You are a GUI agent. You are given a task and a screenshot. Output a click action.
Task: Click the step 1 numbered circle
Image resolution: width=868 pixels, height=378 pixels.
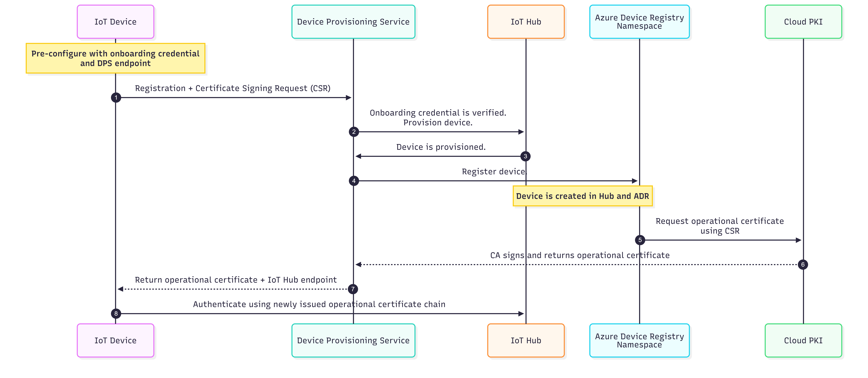click(x=116, y=98)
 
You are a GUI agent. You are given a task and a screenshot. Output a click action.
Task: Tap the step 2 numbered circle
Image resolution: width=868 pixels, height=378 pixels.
click(x=354, y=132)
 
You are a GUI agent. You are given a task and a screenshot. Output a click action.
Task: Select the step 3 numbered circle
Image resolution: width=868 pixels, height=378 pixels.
click(x=525, y=156)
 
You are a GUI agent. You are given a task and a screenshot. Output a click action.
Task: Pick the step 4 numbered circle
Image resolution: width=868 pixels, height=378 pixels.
click(x=354, y=181)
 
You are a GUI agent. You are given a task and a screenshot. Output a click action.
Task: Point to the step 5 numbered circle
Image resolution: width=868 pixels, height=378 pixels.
click(x=640, y=240)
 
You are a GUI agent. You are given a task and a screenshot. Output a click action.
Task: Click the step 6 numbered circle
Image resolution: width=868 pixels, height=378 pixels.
click(x=803, y=265)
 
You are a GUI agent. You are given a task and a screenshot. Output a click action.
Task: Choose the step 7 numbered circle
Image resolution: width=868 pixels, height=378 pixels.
click(x=353, y=289)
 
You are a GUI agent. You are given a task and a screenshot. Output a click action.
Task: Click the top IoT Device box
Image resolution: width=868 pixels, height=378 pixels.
click(x=116, y=22)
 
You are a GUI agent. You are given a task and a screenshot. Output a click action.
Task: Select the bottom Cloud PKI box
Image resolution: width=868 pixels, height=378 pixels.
click(x=803, y=340)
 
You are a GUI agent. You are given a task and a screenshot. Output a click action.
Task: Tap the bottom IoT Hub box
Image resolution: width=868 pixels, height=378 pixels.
click(x=526, y=340)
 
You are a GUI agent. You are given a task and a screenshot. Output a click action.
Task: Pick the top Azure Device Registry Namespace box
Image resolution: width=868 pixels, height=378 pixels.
click(x=640, y=22)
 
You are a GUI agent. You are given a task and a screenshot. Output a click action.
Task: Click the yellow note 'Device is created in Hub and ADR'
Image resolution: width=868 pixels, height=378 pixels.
click(x=583, y=196)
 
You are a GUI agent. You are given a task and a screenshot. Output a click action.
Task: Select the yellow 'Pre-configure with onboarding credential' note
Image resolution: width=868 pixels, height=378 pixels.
click(x=116, y=58)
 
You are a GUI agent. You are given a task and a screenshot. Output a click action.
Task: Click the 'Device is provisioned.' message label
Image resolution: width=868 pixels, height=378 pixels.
click(x=441, y=147)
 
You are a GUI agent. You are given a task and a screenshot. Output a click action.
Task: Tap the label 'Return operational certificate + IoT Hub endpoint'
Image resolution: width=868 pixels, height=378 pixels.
click(x=236, y=280)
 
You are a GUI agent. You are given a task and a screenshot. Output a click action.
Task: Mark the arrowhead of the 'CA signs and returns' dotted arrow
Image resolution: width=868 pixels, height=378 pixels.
click(x=358, y=265)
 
